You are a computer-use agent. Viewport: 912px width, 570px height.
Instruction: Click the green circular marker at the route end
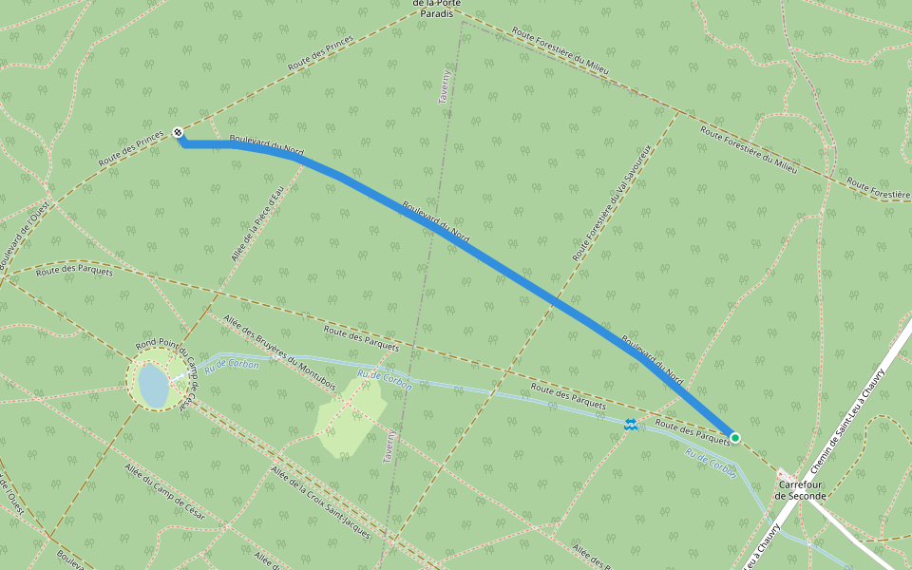(734, 438)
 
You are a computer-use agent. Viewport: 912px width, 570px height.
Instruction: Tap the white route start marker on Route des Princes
(178, 133)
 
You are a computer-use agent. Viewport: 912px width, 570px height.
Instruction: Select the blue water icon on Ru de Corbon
(631, 425)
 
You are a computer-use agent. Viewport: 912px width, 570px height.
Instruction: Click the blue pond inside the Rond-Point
(152, 384)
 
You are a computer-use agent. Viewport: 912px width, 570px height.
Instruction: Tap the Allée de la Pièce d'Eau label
(257, 223)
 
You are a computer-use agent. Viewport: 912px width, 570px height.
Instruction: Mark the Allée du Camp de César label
(171, 498)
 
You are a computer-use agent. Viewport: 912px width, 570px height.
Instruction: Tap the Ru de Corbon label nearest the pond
(232, 365)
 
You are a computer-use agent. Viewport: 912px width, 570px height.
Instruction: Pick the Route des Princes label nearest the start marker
(131, 150)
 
